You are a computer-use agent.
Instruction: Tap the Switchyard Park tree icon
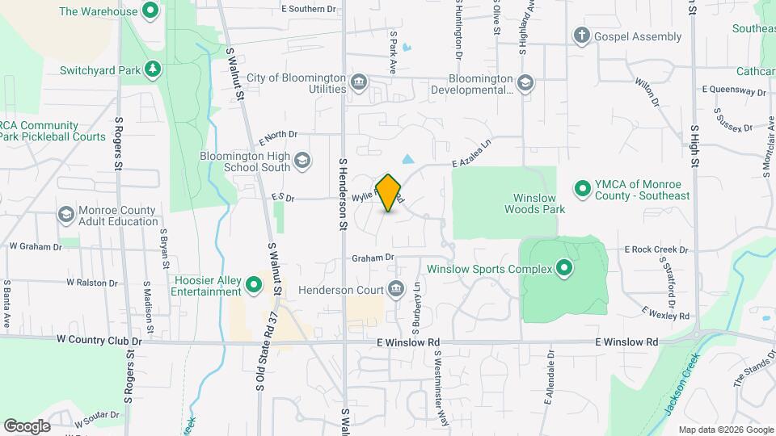click(151, 70)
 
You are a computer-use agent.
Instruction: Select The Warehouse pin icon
click(150, 11)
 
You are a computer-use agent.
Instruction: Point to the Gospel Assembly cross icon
click(580, 36)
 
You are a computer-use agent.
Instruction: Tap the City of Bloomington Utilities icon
click(359, 82)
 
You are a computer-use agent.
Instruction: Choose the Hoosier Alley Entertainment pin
click(254, 284)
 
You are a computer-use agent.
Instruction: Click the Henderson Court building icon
click(395, 288)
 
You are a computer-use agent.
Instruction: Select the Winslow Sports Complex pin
click(564, 269)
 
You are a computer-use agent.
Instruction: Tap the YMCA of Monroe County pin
click(581, 189)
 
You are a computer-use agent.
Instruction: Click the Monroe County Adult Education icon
click(66, 216)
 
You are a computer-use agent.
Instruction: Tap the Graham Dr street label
click(372, 258)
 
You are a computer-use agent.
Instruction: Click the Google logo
click(27, 426)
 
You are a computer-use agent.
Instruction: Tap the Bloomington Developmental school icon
click(525, 82)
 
